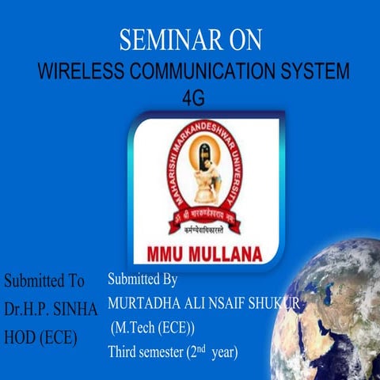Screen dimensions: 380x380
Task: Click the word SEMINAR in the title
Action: (x=163, y=40)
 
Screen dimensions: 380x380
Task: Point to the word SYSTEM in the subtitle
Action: (x=318, y=72)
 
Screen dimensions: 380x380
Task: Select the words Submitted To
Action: (x=44, y=281)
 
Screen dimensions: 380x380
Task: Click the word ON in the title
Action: (x=242, y=40)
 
